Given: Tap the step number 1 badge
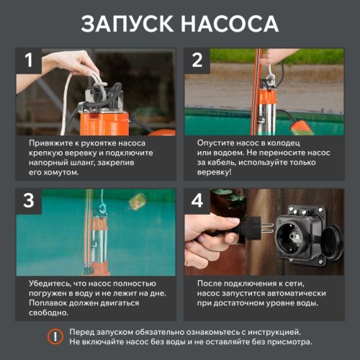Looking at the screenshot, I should pos(29,60).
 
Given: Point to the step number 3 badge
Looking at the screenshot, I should pos(29,201).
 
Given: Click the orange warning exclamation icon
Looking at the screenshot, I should pos(55,336).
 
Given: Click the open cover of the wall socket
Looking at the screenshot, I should pos(332,238).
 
